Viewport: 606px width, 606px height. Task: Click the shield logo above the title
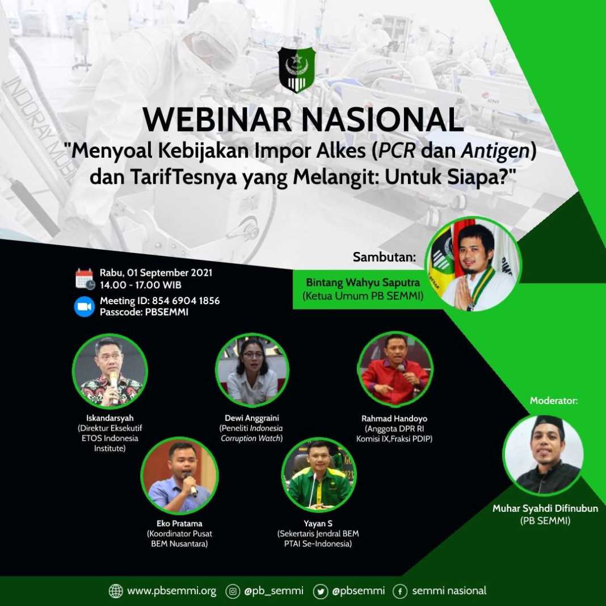(296, 70)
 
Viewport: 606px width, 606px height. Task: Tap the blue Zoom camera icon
(84, 306)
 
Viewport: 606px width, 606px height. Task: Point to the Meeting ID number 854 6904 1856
(186, 301)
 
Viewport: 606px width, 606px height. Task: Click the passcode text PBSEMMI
(167, 312)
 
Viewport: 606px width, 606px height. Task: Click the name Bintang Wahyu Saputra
(363, 283)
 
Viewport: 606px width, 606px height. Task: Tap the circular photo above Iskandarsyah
(110, 371)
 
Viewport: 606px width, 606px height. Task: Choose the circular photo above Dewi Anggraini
(252, 371)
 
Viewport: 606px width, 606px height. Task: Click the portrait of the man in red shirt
(395, 369)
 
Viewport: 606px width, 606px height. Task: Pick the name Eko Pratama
(179, 524)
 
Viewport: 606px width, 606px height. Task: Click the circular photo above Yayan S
(319, 475)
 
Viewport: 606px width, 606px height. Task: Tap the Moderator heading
(553, 401)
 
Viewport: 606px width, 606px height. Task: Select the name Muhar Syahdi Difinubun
(545, 508)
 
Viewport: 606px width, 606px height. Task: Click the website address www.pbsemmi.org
(171, 591)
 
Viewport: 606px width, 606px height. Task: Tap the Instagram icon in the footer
(233, 591)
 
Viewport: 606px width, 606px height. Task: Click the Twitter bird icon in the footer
(320, 591)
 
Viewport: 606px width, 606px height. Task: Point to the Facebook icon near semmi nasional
(400, 591)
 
